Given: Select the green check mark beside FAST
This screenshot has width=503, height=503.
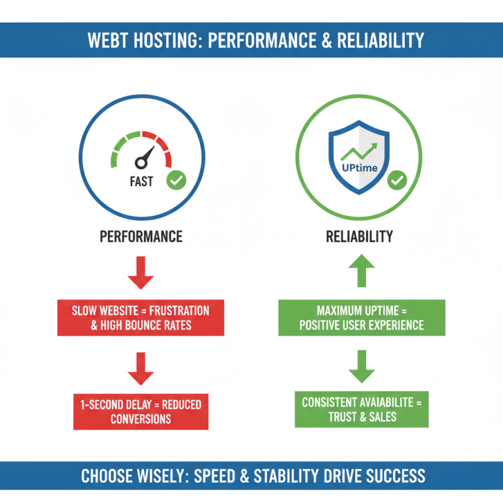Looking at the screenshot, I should coord(176,181).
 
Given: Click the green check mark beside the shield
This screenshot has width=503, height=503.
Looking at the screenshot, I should coord(397,181).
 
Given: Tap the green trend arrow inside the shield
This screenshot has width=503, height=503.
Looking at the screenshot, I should coord(360,152).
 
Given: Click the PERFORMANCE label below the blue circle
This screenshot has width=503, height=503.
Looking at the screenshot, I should coord(141,237).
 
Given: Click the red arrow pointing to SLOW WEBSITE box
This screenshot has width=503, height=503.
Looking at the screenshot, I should coord(141,272).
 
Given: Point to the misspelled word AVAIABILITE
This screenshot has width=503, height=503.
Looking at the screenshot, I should coord(382,403).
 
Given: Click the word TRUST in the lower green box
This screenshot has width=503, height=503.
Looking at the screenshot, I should coord(343,416).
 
